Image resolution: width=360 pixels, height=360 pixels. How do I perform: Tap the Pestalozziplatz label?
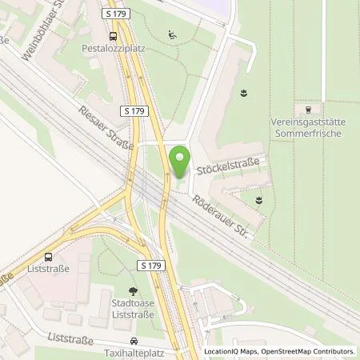coord(114,47)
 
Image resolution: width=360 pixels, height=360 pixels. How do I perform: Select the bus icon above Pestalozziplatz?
coord(114,35)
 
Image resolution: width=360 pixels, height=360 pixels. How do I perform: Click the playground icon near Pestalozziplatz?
coord(172,34)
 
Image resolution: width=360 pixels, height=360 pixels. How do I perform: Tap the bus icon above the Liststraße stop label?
coord(48,258)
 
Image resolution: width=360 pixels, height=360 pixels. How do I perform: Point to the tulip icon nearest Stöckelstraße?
coord(258,199)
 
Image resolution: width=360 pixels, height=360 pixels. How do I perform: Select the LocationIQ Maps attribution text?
coord(229,351)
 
